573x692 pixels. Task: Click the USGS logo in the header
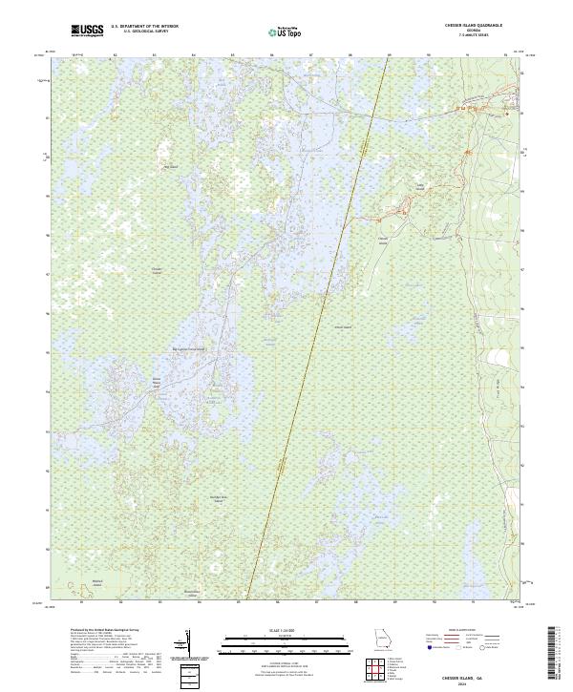(88, 31)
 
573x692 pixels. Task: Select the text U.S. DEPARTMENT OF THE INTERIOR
(144, 28)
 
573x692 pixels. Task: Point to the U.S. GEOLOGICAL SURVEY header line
(144, 33)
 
